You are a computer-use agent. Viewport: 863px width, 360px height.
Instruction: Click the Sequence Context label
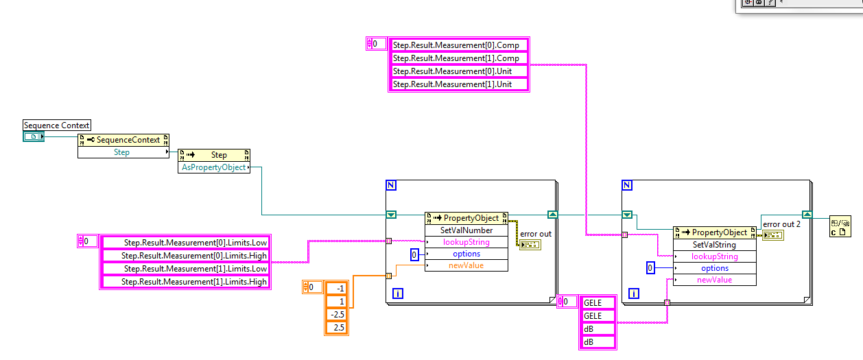click(x=57, y=125)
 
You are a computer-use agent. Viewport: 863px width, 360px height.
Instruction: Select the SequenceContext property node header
click(x=128, y=140)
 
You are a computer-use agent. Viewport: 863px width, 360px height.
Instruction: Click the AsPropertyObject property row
click(x=213, y=167)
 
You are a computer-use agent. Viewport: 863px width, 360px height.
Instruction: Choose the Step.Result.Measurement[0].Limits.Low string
click(x=185, y=243)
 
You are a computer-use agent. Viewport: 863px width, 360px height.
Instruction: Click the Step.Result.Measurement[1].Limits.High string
click(x=185, y=282)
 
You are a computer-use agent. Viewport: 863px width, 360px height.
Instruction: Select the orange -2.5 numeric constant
click(x=336, y=314)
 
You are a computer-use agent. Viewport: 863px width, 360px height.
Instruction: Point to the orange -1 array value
click(x=336, y=288)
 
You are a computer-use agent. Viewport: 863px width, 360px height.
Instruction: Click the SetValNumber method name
click(x=466, y=230)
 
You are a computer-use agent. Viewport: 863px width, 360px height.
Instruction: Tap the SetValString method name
click(x=715, y=245)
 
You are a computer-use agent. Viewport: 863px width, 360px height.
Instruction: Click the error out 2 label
click(x=781, y=224)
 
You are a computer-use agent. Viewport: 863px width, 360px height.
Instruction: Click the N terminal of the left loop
click(x=391, y=186)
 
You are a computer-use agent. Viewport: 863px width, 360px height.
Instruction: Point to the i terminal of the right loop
click(x=633, y=293)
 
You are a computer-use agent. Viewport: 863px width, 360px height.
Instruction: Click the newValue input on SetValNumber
click(x=466, y=265)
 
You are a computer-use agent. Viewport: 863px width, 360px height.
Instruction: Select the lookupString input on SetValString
click(x=715, y=256)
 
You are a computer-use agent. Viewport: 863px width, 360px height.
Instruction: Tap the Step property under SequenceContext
click(x=122, y=152)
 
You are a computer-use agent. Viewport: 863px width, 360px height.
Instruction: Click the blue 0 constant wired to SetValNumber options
click(x=414, y=255)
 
